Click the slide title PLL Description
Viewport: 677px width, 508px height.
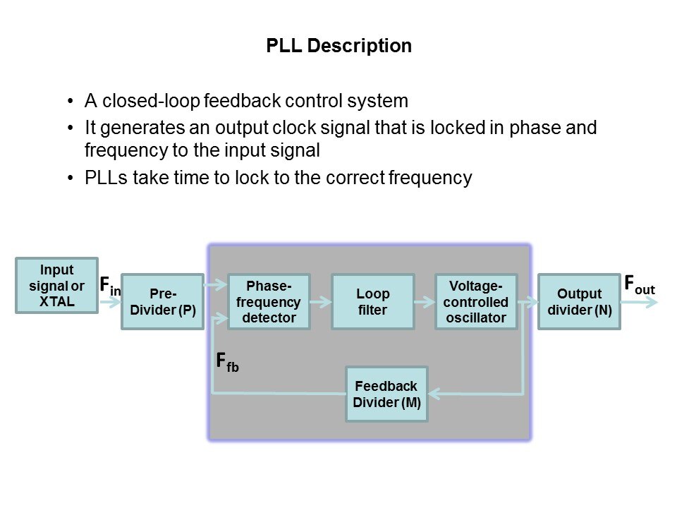pos(338,47)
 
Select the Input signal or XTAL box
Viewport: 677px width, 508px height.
pos(57,286)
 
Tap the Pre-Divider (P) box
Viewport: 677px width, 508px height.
pos(163,302)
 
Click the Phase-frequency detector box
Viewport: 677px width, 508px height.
pos(269,302)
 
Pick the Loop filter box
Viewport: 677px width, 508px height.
pos(372,302)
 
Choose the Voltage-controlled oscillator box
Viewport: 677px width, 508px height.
pos(476,302)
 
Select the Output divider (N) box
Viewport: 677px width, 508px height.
pos(579,302)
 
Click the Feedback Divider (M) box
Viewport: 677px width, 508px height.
pos(386,394)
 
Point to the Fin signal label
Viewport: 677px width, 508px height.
pos(109,286)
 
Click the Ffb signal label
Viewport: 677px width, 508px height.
pos(226,363)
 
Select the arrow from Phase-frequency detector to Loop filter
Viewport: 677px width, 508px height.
pos(321,302)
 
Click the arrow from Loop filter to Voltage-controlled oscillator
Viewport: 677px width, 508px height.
pos(425,302)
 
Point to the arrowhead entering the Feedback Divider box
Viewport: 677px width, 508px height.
pos(434,393)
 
